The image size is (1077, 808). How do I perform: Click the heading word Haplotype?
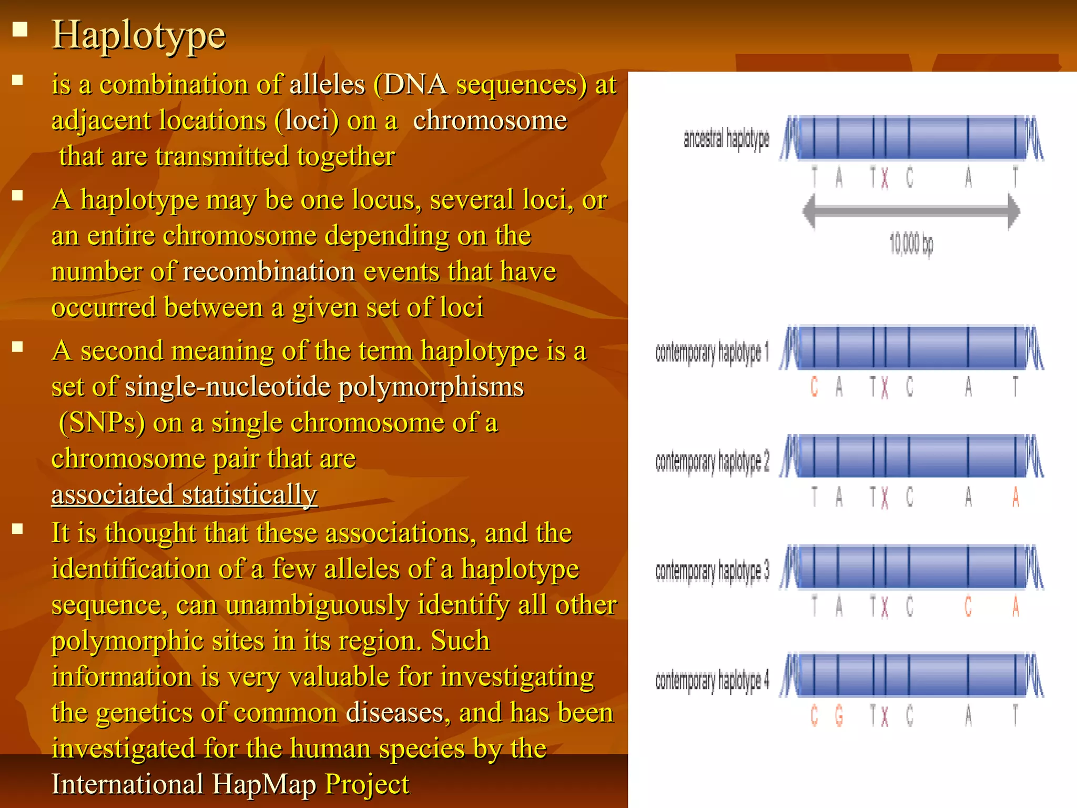pyautogui.click(x=138, y=35)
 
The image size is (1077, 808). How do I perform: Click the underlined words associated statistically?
pyautogui.click(x=184, y=495)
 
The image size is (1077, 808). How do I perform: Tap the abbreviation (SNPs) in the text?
pyautogui.click(x=102, y=423)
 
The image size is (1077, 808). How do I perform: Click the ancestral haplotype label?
pyautogui.click(x=726, y=139)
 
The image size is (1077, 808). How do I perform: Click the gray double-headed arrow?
pyautogui.click(x=911, y=211)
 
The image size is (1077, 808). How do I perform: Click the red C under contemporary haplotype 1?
pyautogui.click(x=814, y=387)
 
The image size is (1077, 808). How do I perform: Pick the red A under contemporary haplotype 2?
pyautogui.click(x=1015, y=497)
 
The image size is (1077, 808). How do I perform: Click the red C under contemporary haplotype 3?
pyautogui.click(x=968, y=607)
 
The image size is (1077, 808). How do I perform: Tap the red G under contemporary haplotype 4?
pyautogui.click(x=839, y=716)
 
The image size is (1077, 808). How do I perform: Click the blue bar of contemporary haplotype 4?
pyautogui.click(x=911, y=675)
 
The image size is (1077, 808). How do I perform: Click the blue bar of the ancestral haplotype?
pyautogui.click(x=911, y=138)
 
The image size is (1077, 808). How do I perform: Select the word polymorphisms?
pyautogui.click(x=431, y=387)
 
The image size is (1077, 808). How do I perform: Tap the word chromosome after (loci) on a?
pyautogui.click(x=490, y=121)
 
